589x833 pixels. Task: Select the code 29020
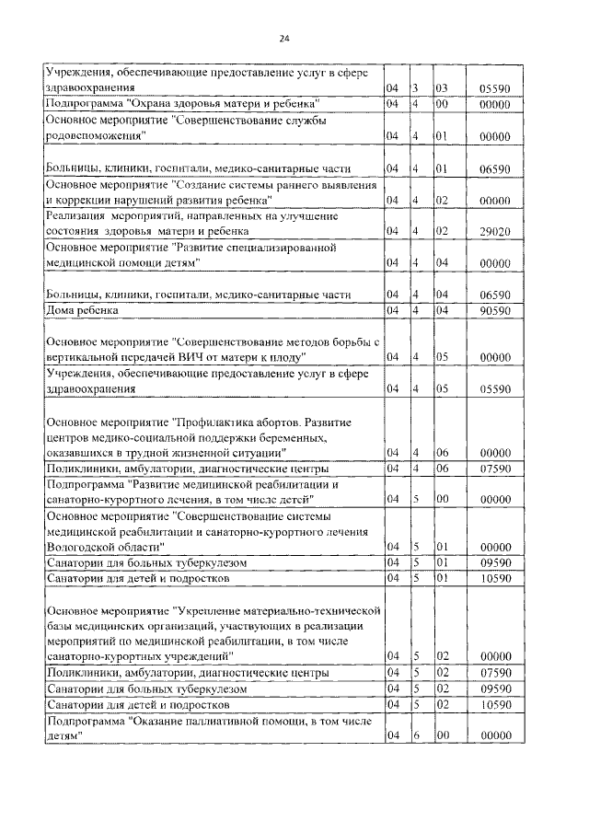[x=495, y=231]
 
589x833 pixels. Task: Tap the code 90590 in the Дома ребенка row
[x=495, y=310]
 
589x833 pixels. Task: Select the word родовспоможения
[x=90, y=135]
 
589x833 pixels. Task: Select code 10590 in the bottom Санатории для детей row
[x=495, y=704]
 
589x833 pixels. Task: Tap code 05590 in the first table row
[x=495, y=88]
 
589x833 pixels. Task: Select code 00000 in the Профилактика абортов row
[x=495, y=453]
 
